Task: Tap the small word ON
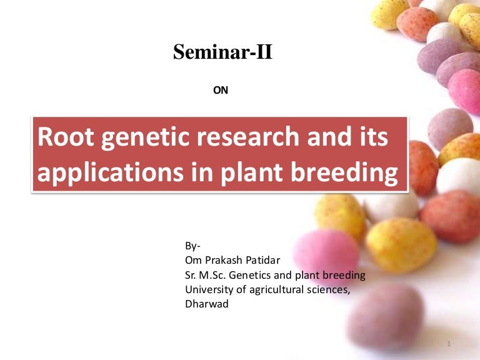[x=221, y=91]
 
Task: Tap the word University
[x=209, y=290]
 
